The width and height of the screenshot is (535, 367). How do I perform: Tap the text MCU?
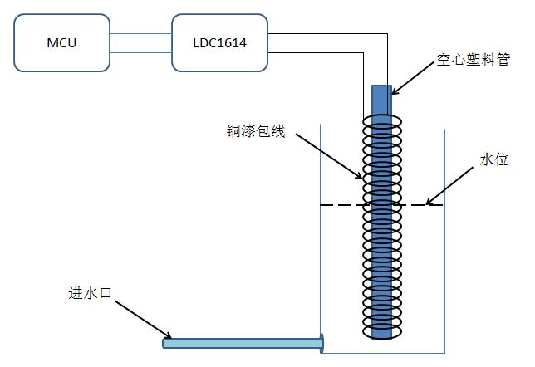(x=61, y=43)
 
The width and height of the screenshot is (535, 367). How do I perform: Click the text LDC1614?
(x=219, y=43)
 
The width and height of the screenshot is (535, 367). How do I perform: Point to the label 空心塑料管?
(x=474, y=60)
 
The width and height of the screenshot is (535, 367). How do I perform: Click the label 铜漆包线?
(x=256, y=130)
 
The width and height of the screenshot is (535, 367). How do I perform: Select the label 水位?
(x=494, y=159)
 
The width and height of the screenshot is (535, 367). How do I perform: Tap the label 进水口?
(x=90, y=293)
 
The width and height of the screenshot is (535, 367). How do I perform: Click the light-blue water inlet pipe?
(x=243, y=343)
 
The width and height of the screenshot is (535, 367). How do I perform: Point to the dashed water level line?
(x=381, y=205)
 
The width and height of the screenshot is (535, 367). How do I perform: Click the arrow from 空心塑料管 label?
(x=414, y=78)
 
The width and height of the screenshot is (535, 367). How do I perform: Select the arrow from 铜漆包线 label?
(x=329, y=156)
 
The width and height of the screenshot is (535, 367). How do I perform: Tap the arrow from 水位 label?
(x=449, y=186)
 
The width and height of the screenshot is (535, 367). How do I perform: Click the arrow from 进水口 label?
(x=143, y=320)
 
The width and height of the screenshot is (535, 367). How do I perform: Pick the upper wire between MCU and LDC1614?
(x=140, y=34)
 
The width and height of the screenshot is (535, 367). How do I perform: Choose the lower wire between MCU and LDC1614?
(x=140, y=52)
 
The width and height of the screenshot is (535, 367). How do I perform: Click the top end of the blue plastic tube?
(x=381, y=86)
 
